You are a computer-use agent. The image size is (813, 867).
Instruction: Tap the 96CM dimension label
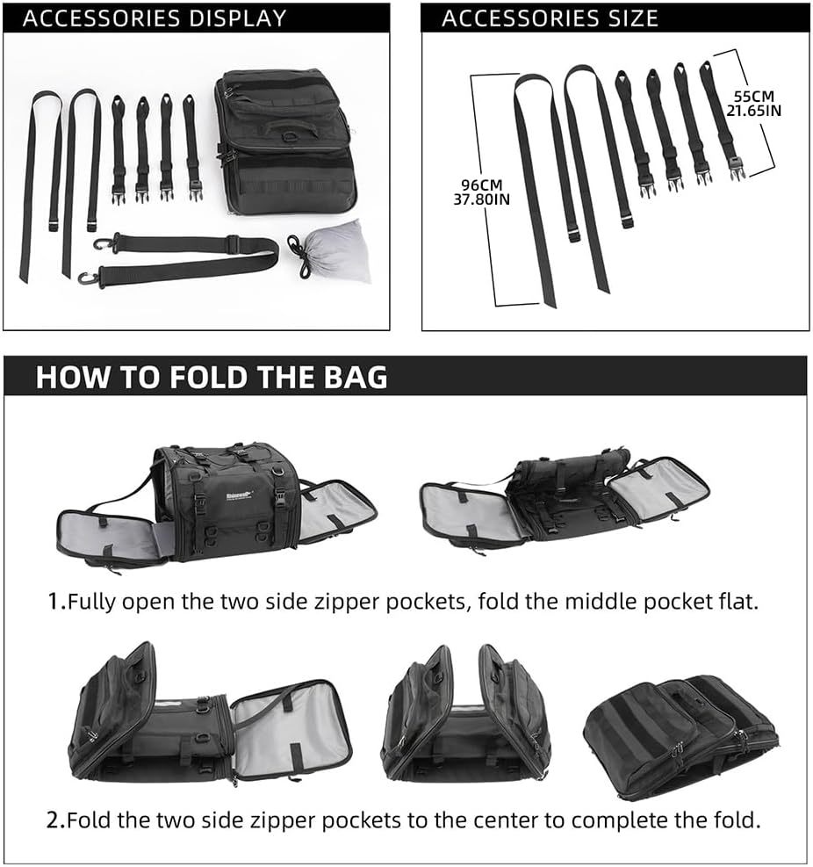click(x=482, y=184)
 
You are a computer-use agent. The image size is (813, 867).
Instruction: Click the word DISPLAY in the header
click(x=238, y=18)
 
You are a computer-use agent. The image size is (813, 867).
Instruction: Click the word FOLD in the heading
click(x=208, y=377)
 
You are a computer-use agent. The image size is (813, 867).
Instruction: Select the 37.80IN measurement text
click(x=482, y=199)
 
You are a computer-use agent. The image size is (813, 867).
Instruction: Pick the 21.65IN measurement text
click(x=754, y=111)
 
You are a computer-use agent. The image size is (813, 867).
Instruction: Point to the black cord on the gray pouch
click(x=299, y=255)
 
